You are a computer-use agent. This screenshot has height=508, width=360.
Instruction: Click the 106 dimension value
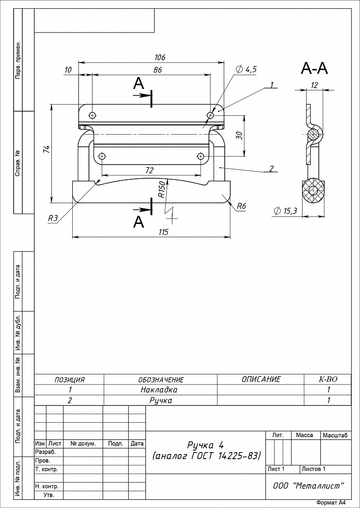point(160,57)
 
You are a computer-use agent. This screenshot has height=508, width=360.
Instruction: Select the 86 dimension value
point(158,70)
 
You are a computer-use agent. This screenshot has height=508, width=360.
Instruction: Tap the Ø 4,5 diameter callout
point(247,69)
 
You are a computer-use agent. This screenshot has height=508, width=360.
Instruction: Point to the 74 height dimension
point(47,149)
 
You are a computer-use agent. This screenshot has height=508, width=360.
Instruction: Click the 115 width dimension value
point(163,232)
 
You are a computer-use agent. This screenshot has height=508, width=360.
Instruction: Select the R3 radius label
point(53,218)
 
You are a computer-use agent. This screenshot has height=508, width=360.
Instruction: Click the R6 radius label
point(242,206)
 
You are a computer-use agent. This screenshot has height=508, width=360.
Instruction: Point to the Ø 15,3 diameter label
point(285,211)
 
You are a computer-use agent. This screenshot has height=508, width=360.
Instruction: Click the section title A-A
point(314,69)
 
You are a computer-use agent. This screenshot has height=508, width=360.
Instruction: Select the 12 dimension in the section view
point(314,85)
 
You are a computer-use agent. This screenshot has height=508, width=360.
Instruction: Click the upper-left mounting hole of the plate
point(93,115)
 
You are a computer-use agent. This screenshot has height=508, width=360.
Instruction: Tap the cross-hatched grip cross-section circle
point(314,190)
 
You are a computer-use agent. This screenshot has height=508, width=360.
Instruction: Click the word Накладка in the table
point(159,390)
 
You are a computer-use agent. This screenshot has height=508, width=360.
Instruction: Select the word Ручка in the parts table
point(161,400)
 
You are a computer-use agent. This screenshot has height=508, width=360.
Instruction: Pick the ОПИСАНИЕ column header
point(261,379)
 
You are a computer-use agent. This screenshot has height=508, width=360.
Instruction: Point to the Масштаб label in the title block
point(336,435)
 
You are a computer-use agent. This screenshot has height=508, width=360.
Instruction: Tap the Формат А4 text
point(332,503)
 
